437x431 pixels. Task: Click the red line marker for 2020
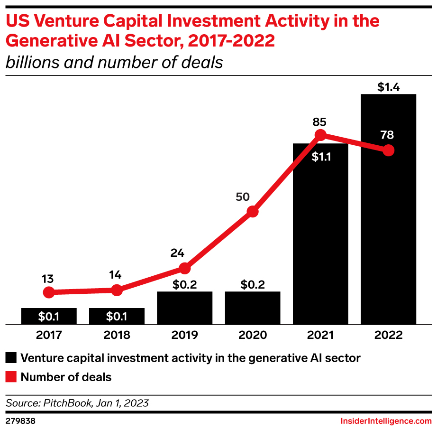(253, 211)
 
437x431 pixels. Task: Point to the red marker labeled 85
(320, 135)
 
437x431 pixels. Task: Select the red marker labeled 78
(389, 150)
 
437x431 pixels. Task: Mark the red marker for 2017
(48, 292)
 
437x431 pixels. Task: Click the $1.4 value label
(388, 87)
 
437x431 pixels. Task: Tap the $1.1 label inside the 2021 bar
(321, 158)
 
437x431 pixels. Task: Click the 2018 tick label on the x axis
(117, 335)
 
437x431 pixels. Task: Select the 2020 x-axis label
(253, 335)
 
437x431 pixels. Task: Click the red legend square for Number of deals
(11, 377)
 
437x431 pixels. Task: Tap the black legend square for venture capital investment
(11, 357)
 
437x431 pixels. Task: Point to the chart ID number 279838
(20, 422)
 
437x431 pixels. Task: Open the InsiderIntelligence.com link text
(386, 422)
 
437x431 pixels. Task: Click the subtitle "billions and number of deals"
(114, 62)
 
